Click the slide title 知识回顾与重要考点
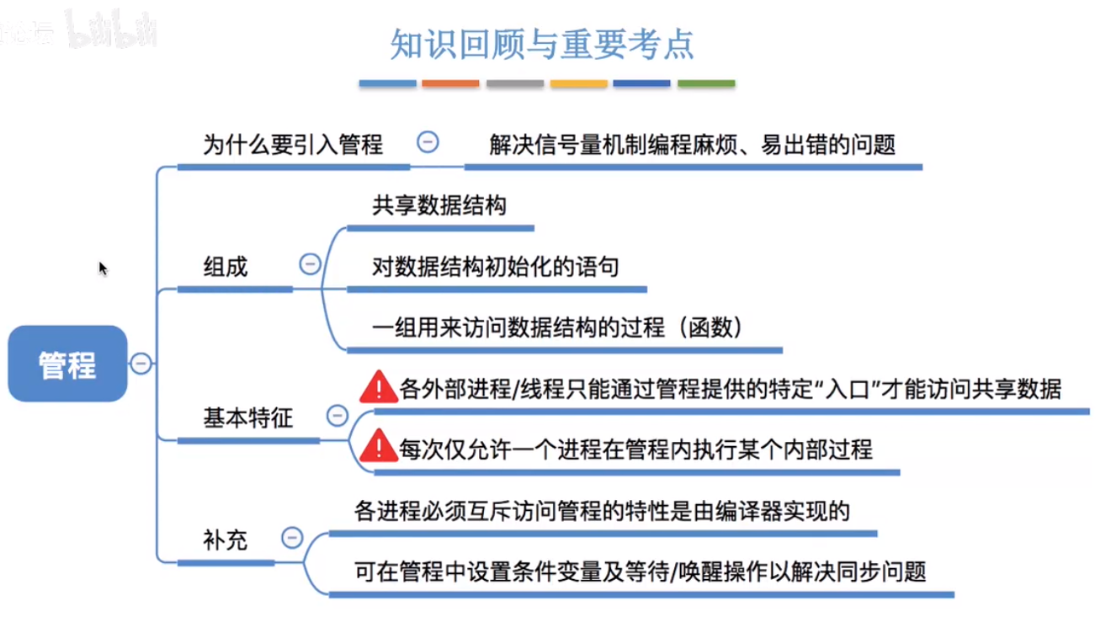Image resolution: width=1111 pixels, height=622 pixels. pos(542,45)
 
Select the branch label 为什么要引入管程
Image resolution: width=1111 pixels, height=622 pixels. pos(293,145)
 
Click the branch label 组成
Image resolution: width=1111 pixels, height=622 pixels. pos(226,268)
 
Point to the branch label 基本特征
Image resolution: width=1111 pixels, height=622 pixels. pos(248,417)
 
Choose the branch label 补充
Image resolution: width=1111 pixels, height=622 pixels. pos(226,540)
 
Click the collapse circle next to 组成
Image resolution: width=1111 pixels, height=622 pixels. pos(310,264)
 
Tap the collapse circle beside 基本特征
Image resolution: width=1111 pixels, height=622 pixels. pos(338,415)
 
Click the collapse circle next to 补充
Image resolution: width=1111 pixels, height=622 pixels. pos(292,537)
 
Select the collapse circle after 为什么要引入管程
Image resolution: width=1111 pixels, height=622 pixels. pos(428,142)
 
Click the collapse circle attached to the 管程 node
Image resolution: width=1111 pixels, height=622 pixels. pos(141,364)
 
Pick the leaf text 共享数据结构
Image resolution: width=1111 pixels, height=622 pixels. pos(439,206)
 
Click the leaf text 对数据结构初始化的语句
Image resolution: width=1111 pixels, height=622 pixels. pos(496,268)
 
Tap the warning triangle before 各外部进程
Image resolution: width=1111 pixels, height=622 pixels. pos(379,387)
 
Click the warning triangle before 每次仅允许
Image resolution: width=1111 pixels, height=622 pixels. pos(379,446)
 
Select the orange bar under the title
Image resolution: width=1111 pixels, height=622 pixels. pos(450,84)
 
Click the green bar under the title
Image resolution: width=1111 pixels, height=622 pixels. pos(706,84)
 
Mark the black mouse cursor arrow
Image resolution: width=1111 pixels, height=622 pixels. pos(103,268)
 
